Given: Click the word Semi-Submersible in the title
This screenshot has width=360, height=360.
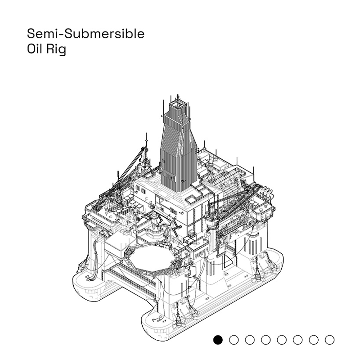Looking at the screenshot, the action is pos(85,33).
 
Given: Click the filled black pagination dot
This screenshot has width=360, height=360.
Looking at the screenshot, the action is pos(218,340).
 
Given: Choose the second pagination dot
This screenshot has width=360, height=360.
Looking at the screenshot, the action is pos(234,340).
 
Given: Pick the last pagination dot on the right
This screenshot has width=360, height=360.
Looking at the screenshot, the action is pos(329,340).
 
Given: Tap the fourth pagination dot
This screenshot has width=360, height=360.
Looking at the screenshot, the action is pos(265,340).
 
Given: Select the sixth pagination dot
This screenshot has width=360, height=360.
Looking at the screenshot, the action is pos(297,340).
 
